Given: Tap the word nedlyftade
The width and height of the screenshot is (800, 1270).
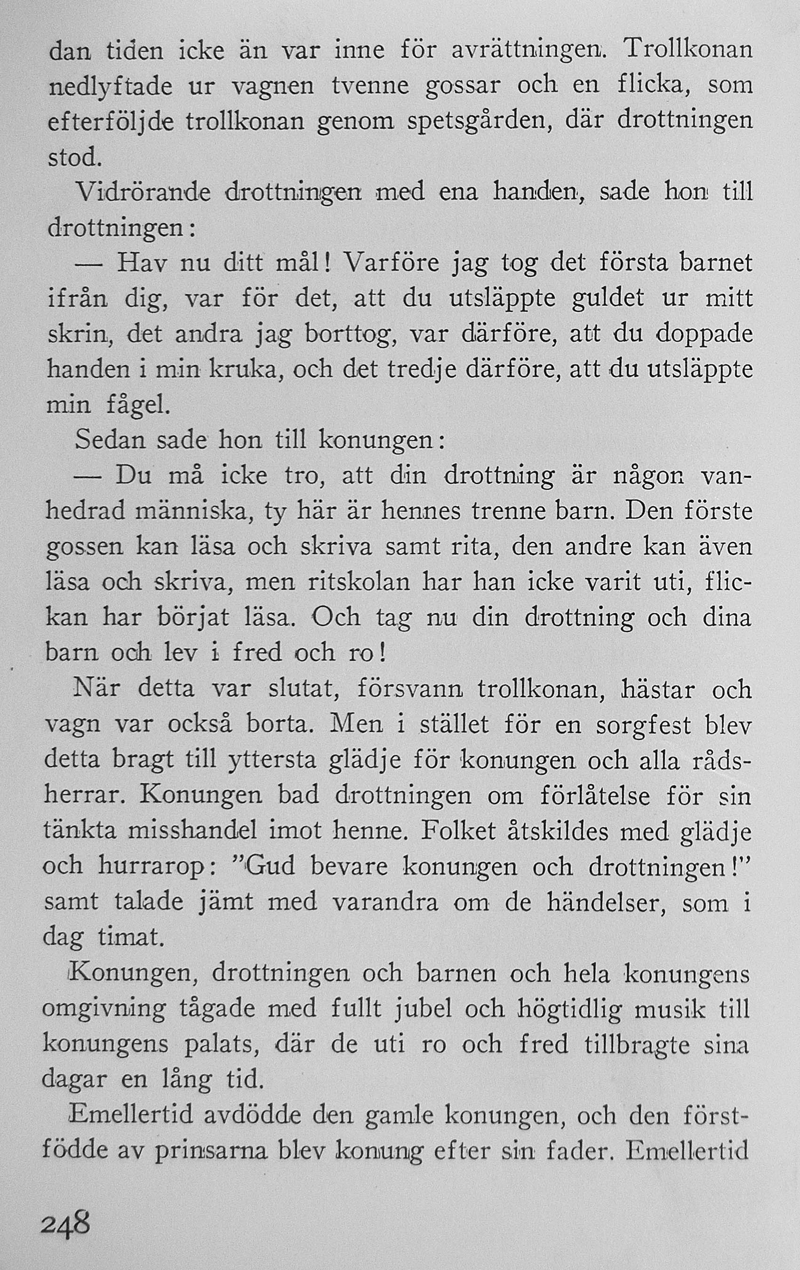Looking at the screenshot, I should point(110,86).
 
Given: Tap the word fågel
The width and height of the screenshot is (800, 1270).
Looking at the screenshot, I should point(138,405).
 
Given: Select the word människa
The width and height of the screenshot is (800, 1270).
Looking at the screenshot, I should point(194,512).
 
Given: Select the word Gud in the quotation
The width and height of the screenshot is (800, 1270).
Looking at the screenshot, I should point(270,867).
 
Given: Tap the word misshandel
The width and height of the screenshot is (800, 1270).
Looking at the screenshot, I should point(193,832).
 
